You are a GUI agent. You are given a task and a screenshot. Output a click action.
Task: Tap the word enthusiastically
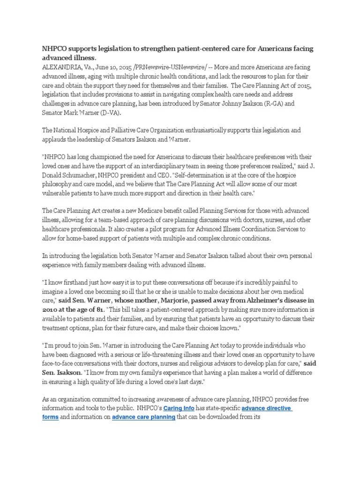218,129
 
